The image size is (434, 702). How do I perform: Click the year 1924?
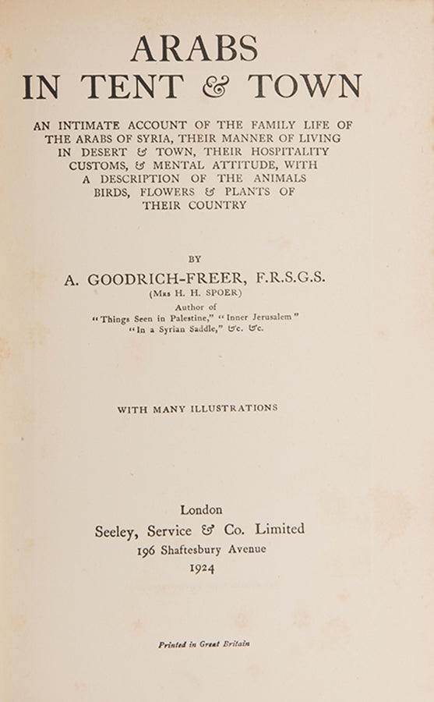202,569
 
